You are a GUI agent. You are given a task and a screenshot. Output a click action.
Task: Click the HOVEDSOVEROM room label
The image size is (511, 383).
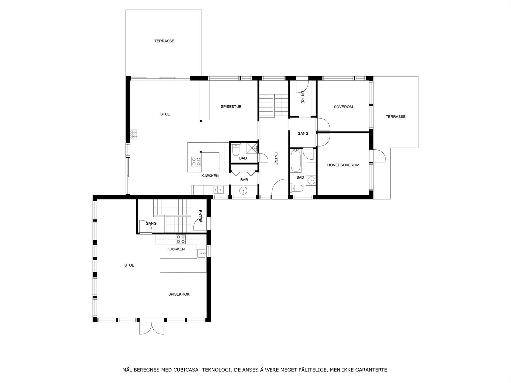coord(343,165)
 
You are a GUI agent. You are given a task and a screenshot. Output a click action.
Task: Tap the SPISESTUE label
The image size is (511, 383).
coord(231,107)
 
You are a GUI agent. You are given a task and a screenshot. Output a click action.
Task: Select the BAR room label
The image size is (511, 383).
coord(244,180)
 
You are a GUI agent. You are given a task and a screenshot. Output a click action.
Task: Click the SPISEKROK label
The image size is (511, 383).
coord(179,294)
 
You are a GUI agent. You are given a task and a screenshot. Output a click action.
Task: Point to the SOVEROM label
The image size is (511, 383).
coord(343,107)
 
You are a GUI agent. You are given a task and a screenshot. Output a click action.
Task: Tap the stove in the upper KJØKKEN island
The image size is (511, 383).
coord(196,161)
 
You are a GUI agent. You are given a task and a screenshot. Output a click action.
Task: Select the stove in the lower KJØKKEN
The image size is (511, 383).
coord(181,237)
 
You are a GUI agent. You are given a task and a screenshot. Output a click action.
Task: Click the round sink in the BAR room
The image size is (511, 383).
coord(244,191)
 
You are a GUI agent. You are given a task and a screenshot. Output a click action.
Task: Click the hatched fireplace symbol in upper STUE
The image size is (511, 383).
coord(134,134)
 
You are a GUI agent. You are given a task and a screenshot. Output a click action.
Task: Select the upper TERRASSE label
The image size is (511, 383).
coord(164,41)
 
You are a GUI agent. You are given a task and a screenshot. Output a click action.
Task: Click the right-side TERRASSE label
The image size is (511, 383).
coord(395,116)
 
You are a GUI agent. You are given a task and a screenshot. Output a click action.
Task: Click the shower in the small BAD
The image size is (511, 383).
coord(252,147)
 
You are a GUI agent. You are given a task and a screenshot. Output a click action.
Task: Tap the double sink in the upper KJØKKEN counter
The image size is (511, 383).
coord(219,190)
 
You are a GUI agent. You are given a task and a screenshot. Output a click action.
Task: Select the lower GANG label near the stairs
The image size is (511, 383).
coord(151,223)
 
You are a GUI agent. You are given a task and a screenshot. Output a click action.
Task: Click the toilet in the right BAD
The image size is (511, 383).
coord(297,189)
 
